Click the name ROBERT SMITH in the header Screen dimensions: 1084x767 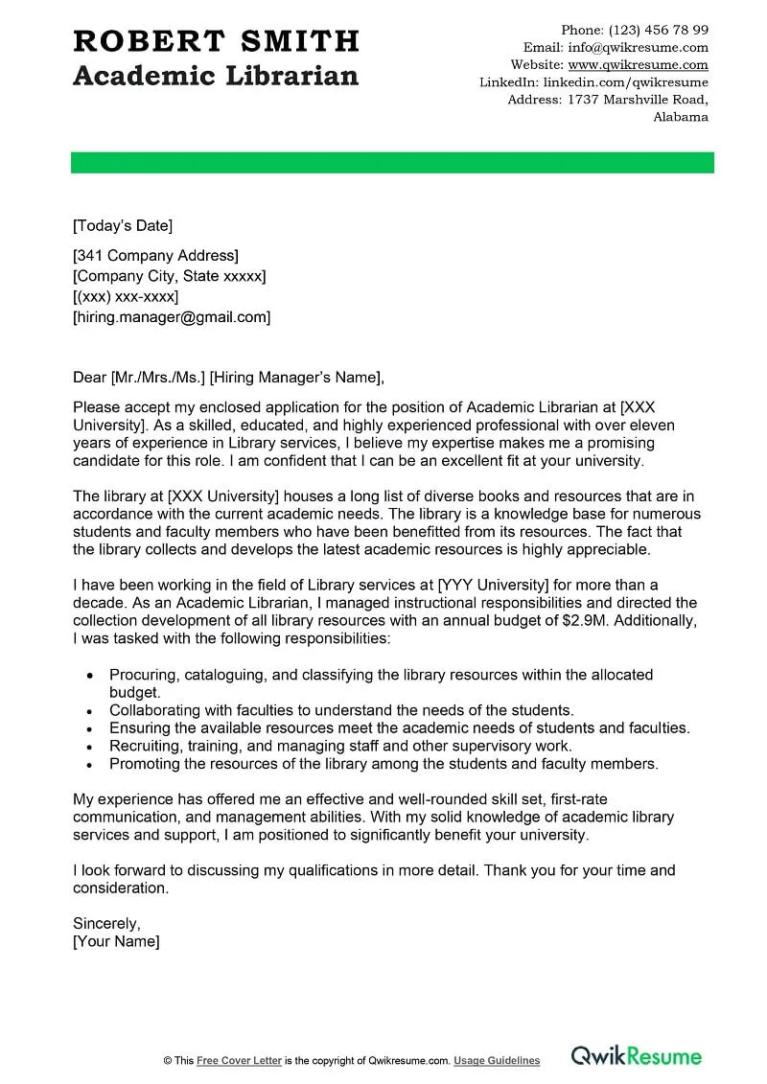216,41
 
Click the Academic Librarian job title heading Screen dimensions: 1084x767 216,76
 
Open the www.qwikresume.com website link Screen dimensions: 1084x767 638,65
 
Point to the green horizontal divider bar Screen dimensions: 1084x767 392,163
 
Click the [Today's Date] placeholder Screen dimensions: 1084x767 123,226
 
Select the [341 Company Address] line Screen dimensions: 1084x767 155,256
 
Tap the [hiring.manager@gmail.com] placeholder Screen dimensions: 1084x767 172,317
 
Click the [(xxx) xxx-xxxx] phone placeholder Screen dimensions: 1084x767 126,297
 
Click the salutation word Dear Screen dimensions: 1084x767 90,377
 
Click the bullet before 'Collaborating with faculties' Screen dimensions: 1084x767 89,711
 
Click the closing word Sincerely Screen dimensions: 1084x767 106,924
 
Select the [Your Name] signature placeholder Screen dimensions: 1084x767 116,942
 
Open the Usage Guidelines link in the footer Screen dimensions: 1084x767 497,1061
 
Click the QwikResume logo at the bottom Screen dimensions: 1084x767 637,1056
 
